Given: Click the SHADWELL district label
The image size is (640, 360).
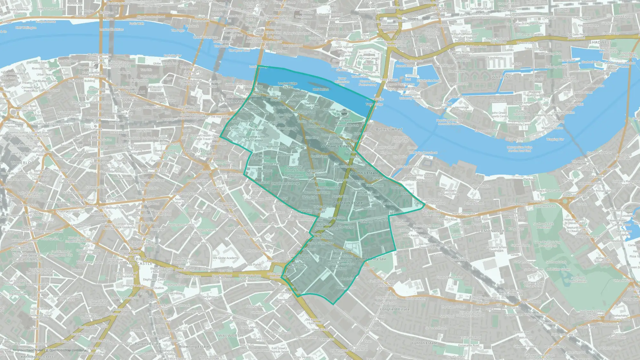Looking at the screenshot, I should coord(600,42).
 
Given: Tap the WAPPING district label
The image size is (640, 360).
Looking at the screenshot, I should coord(502,77).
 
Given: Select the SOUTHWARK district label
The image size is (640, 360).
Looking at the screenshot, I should coord(132,92).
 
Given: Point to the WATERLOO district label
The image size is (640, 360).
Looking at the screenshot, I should coord(23,163).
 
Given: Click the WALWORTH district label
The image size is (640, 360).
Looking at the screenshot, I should coord(231,336).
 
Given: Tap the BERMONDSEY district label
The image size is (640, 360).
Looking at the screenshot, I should coord(490,231).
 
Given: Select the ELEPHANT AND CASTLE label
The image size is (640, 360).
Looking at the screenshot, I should coord(139,261).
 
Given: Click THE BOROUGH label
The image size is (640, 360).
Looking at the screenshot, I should coord(200,151).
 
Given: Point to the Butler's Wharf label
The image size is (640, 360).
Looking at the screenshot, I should coord(389,129).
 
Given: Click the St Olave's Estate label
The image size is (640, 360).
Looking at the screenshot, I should coord(336,146).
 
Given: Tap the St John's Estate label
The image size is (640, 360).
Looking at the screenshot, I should coord(364,173).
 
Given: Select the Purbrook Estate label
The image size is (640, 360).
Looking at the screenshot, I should coord(348,203).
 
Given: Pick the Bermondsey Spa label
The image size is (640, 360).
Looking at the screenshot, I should coord(371,259).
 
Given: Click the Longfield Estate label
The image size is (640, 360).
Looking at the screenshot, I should coord(395,309).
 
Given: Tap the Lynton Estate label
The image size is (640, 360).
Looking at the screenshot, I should coord(424,343).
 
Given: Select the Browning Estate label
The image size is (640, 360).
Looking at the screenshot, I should coord(194,347).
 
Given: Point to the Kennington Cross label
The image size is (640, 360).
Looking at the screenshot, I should coord(37,357).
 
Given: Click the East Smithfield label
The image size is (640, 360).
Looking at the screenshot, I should coord(408,37).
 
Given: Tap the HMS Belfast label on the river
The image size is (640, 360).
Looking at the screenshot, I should coord(321,90).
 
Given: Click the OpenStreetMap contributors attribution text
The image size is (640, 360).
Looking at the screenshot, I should coord(68,350).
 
